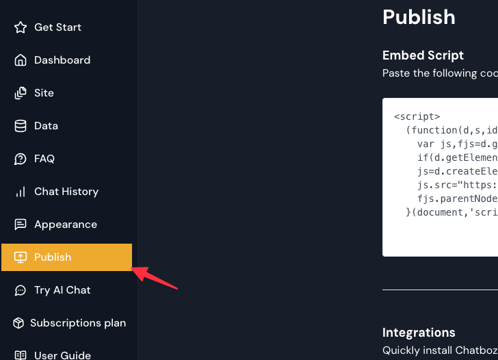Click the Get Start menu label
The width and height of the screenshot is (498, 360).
pos(57,27)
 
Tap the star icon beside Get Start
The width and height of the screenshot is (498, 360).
pos(21,27)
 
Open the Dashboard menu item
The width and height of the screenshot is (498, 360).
pos(62,60)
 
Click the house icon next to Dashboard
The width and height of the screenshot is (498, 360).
pos(21,60)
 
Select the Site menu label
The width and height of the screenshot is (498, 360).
pos(44,93)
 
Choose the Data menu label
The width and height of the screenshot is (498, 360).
pos(46,126)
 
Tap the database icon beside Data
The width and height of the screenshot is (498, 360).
pos(21,126)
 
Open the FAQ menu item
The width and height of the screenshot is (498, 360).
pos(44,159)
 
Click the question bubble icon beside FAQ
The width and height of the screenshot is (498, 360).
pos(21,159)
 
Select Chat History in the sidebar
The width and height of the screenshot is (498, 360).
pos(66,192)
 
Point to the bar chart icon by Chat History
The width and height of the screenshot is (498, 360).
pos(21,192)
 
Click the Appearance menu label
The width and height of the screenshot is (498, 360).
pos(66,224)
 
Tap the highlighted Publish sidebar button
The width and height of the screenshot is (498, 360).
pos(66,257)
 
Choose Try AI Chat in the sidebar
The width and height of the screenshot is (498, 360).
pos(62,290)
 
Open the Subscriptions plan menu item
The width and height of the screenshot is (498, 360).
pos(78,323)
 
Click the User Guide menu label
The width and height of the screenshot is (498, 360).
pos(62,355)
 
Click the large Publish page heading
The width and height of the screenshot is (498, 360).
pos(419,16)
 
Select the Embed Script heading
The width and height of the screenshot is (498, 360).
pos(423,55)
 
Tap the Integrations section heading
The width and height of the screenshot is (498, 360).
pos(419,333)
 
